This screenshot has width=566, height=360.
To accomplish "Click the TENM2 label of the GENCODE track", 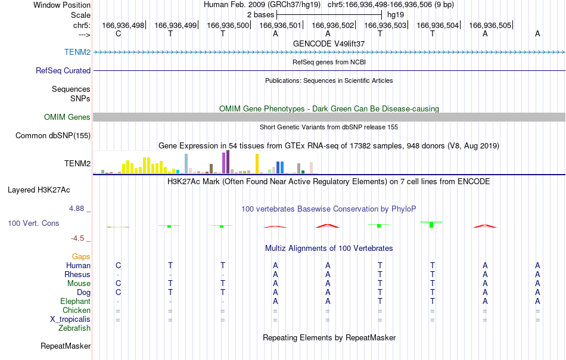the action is click(77, 52).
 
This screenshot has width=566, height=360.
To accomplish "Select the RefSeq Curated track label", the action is click(63, 70).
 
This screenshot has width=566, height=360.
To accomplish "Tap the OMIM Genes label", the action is click(67, 117).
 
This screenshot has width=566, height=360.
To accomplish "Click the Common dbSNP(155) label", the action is click(53, 135).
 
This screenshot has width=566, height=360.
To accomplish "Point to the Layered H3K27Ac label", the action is click(39, 190).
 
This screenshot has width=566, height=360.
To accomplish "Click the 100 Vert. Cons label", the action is click(33, 223).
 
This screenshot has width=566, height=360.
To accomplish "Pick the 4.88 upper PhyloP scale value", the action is click(76, 209).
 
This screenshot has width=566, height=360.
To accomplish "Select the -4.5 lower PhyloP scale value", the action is click(77, 238).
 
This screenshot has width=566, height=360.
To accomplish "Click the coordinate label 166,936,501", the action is click(280, 25).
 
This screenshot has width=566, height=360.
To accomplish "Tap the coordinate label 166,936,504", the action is click(437, 25).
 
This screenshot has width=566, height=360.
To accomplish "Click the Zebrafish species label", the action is click(74, 328).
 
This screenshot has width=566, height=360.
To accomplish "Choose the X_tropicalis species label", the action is click(70, 319).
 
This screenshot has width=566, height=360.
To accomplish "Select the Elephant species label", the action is click(76, 301).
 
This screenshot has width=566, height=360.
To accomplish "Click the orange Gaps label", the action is click(81, 256).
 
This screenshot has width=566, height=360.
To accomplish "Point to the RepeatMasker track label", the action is click(66, 346).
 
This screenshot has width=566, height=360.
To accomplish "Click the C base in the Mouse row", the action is click(118, 284).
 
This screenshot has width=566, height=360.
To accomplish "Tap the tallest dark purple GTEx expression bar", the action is click(228, 162).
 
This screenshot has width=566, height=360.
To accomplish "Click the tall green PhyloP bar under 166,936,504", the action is click(431, 225).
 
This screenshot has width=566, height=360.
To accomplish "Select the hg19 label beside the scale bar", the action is click(396, 15).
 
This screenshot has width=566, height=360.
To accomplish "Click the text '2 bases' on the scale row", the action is click(260, 15).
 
